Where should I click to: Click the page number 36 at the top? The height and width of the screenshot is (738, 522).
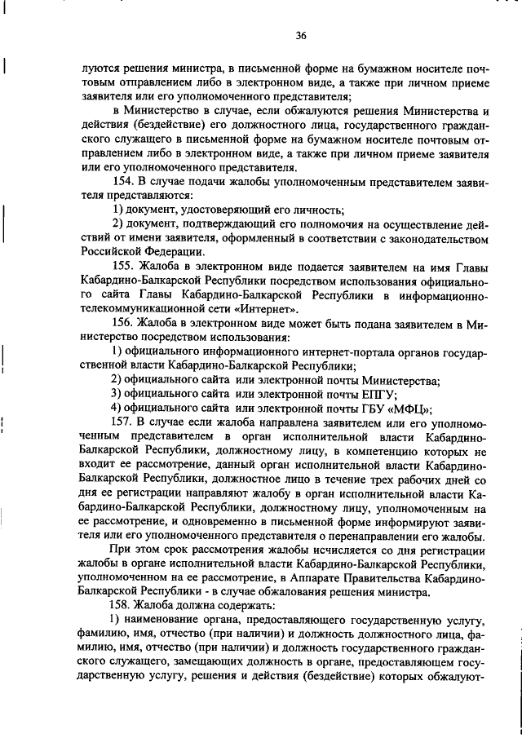pos(300,35)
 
